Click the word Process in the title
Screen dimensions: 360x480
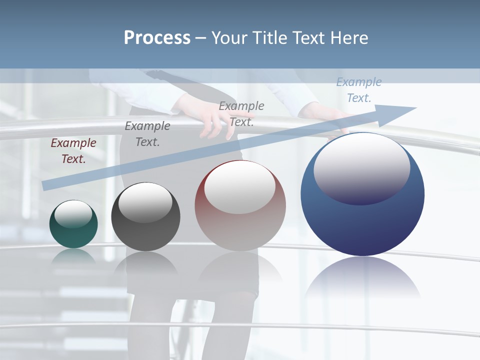(x=157, y=38)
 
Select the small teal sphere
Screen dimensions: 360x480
(x=73, y=224)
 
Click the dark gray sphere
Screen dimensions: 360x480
(x=145, y=217)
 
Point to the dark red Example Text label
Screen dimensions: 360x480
(x=73, y=151)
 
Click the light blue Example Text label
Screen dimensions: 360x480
(x=358, y=90)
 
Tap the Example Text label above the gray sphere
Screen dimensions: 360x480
(x=147, y=134)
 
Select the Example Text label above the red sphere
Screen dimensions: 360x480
(x=241, y=113)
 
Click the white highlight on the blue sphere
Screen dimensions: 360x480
(x=361, y=167)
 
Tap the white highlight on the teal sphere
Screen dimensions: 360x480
(x=73, y=214)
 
